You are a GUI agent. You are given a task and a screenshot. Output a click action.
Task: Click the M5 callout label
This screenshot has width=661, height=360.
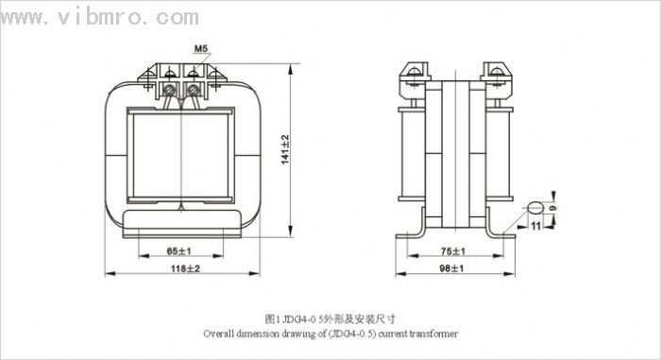pyautogui.click(x=201, y=49)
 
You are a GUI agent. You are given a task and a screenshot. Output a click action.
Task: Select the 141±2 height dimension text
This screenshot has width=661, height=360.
pyautogui.click(x=285, y=149)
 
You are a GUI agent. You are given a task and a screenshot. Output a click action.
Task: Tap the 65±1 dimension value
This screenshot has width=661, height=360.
pyautogui.click(x=179, y=251)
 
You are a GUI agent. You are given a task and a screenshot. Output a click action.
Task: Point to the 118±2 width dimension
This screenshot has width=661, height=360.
pyautogui.click(x=185, y=268)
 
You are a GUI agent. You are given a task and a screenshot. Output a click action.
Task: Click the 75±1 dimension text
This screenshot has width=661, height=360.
pyautogui.click(x=453, y=251)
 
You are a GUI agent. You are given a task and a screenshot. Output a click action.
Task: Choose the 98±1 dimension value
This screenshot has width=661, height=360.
pyautogui.click(x=451, y=268)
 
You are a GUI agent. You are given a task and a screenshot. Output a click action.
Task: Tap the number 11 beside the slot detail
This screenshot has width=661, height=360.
pyautogui.click(x=535, y=226)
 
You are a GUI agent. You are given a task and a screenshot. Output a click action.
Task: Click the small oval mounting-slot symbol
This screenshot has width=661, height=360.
pyautogui.click(x=535, y=208)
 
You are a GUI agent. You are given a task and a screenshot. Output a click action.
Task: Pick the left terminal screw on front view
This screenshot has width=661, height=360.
pyautogui.click(x=169, y=90)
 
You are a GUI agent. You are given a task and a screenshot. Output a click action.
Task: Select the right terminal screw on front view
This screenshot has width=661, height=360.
pyautogui.click(x=193, y=90)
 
